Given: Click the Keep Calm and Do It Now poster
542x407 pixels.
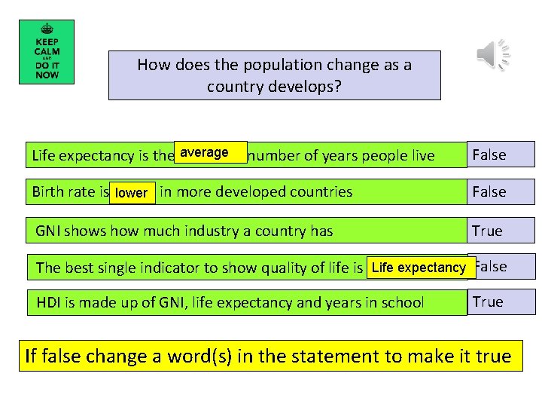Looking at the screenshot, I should (46, 51).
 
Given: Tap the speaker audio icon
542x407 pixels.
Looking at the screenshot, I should (493, 55).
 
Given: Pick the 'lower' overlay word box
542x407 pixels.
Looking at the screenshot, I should (132, 192).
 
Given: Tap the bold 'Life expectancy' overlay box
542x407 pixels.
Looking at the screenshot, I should (419, 267).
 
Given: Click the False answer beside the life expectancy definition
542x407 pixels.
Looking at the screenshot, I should (489, 155).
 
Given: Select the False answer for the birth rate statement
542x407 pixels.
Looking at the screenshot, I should (489, 191).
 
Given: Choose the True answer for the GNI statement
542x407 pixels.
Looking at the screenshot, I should (487, 231).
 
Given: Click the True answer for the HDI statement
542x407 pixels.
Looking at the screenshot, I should (487, 301).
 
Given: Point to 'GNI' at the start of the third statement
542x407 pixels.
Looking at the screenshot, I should (50, 231).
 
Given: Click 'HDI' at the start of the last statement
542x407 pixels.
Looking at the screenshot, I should (50, 303).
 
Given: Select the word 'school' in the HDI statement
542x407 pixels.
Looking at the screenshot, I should (403, 303).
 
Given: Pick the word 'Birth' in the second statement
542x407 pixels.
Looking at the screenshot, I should (48, 191).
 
